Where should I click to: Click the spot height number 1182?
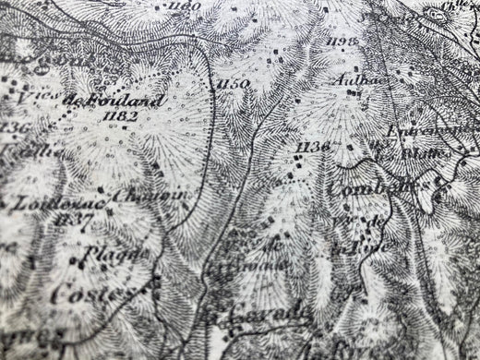click(122, 116)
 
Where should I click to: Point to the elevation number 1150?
click(232, 85)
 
